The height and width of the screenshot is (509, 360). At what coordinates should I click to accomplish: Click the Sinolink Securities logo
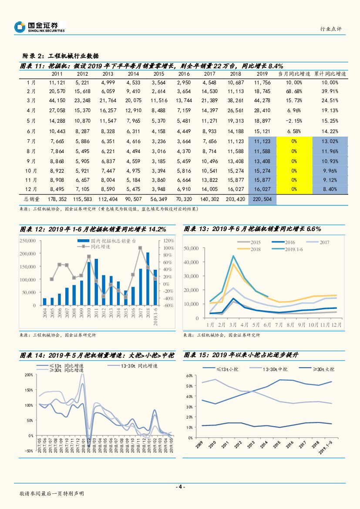click(39, 27)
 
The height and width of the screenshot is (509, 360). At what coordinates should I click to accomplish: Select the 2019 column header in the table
click(262, 74)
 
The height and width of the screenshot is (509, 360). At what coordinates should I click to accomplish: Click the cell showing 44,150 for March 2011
click(57, 100)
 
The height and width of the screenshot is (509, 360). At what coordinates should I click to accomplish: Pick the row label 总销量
click(31, 198)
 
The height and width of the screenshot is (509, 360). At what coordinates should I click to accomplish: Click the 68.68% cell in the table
click(294, 91)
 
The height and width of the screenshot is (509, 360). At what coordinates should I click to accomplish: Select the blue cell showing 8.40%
click(330, 189)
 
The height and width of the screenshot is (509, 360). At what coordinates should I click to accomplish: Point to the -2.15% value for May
click(294, 121)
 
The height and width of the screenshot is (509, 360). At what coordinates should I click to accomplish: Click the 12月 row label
click(31, 189)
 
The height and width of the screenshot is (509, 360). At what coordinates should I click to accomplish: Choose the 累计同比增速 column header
click(330, 74)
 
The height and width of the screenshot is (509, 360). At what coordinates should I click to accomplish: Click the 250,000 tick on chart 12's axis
click(27, 241)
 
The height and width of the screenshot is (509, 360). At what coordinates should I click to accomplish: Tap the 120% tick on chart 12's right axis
click(169, 241)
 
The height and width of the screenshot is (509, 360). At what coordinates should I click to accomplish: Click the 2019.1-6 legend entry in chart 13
click(295, 249)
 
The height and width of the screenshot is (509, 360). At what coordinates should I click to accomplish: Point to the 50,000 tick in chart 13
click(191, 248)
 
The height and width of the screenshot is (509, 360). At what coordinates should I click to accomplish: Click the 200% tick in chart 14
click(29, 375)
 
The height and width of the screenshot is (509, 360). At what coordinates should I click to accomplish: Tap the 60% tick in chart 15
click(189, 375)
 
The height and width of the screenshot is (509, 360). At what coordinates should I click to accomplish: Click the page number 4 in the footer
click(180, 487)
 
